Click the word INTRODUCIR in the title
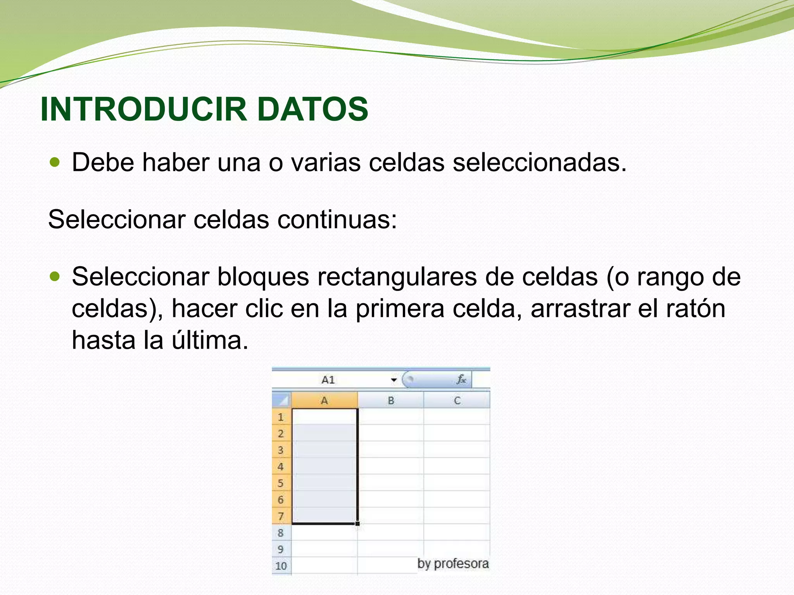click(x=143, y=109)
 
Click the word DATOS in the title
click(x=312, y=109)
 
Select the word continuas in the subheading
click(x=337, y=219)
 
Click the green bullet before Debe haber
click(x=55, y=162)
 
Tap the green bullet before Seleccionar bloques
click(x=55, y=276)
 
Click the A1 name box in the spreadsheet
click(x=328, y=380)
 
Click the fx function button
click(x=461, y=379)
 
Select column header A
click(x=325, y=401)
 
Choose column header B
click(x=391, y=401)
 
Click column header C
click(x=457, y=401)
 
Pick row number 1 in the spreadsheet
click(x=281, y=417)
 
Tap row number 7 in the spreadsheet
click(x=281, y=516)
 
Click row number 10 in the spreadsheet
click(x=281, y=566)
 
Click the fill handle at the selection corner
click(x=357, y=524)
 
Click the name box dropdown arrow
click(x=394, y=380)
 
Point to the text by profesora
click(x=453, y=564)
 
